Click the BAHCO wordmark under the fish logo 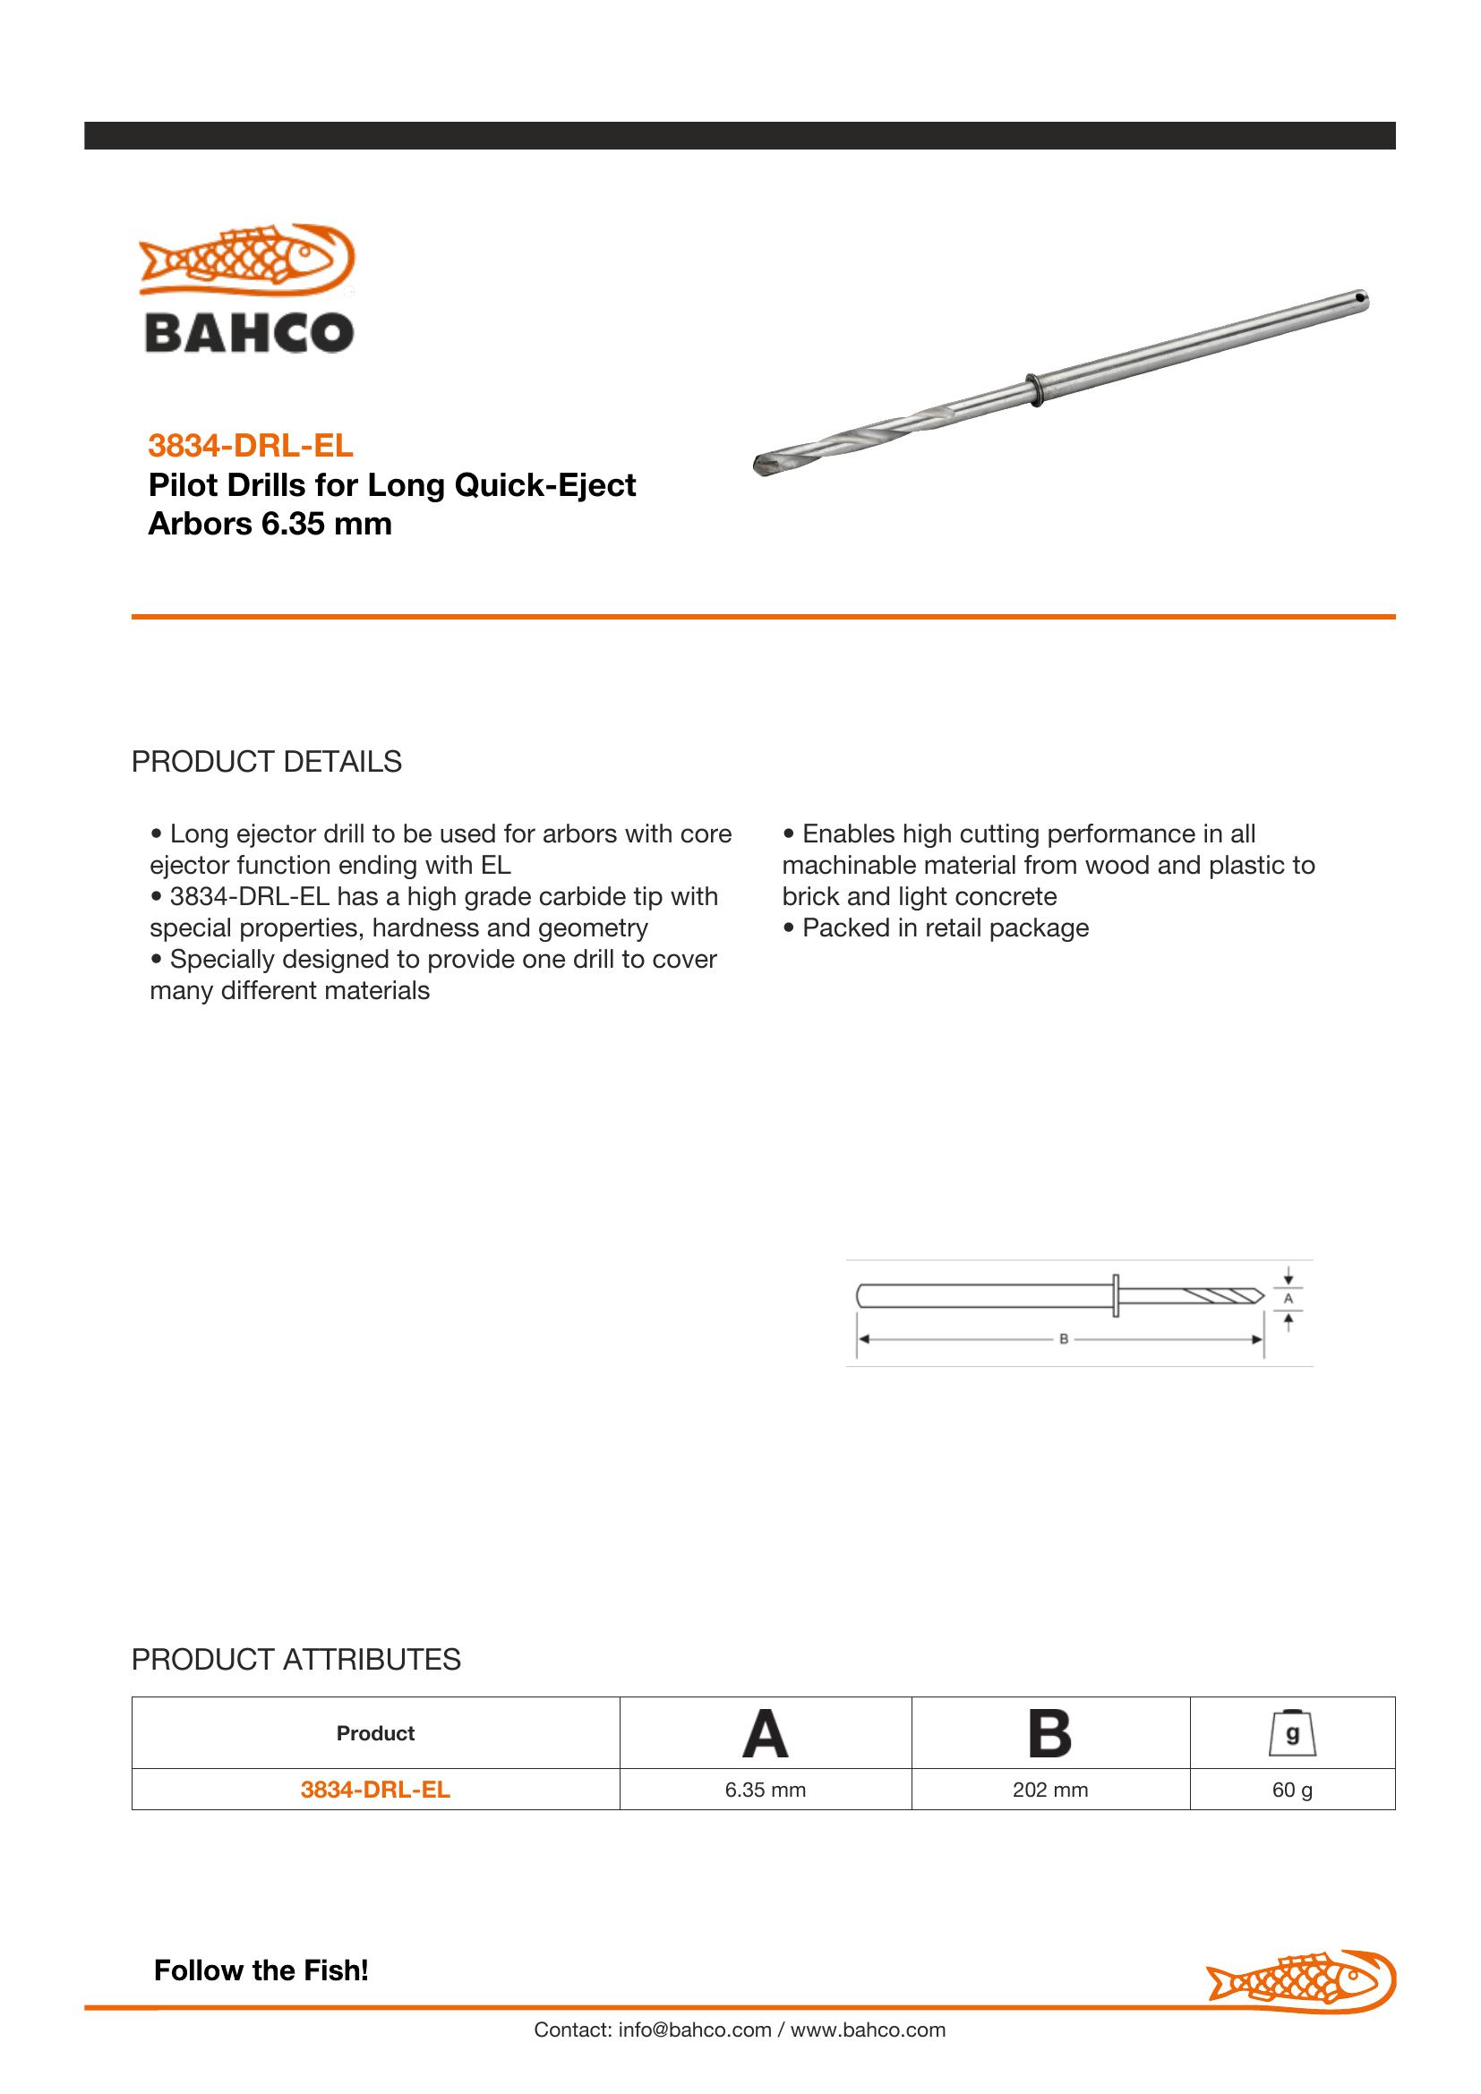[249, 333]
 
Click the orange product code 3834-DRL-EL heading [250, 445]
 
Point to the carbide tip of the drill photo [764, 466]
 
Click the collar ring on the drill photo [1032, 389]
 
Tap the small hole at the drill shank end [1360, 297]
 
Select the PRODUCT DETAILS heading [266, 762]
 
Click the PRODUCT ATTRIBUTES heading [295, 1659]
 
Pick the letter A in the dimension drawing [1288, 1298]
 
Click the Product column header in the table [375, 1733]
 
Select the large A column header [764, 1734]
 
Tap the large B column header [1049, 1734]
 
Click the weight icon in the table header [1292, 1733]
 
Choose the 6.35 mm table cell [765, 1790]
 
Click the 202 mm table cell [1049, 1790]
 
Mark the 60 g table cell [1292, 1790]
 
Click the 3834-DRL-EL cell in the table [375, 1790]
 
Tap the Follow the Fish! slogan [261, 1970]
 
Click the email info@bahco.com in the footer [694, 2030]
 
